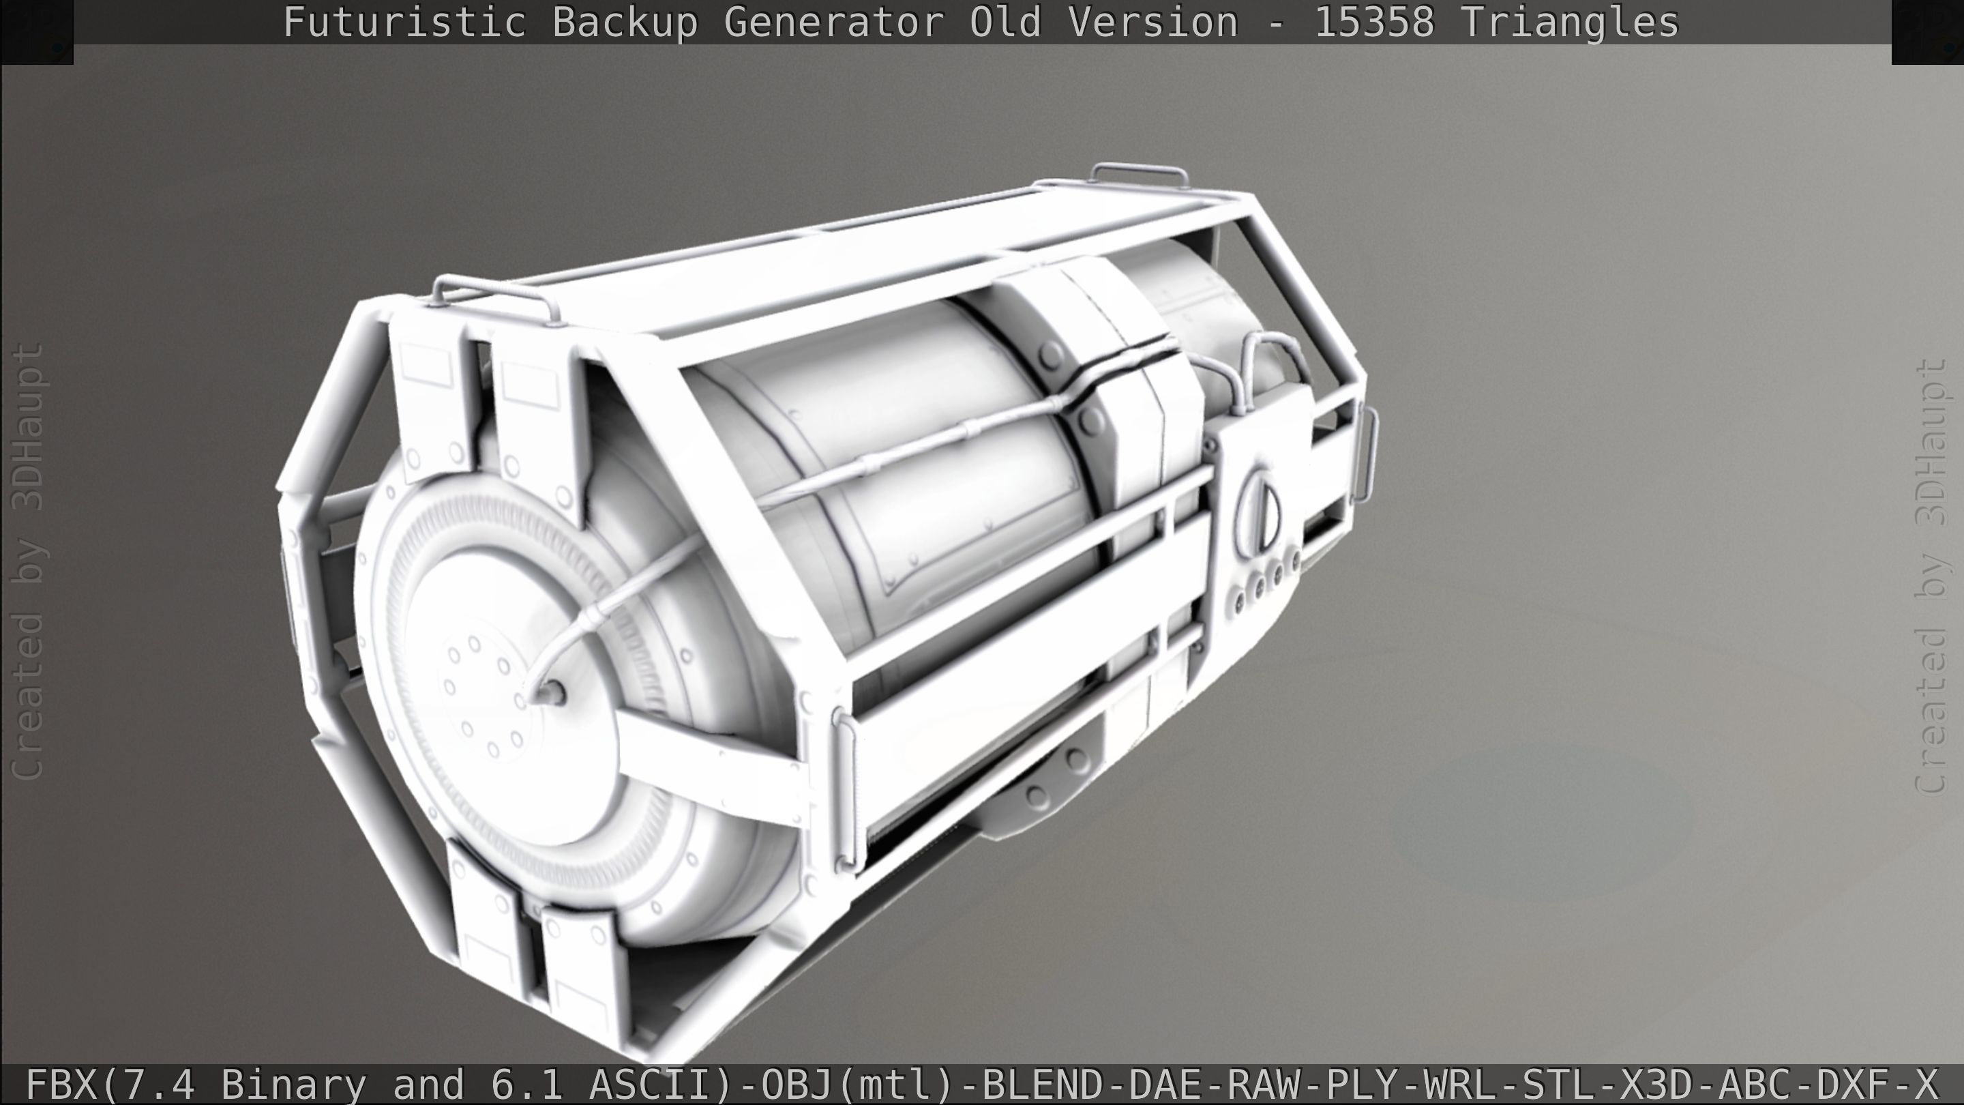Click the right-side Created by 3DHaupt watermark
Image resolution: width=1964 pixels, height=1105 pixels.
click(x=1933, y=576)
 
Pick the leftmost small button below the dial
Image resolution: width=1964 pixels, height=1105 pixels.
click(x=1240, y=602)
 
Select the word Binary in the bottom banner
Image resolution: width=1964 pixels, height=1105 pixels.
click(x=293, y=1084)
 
